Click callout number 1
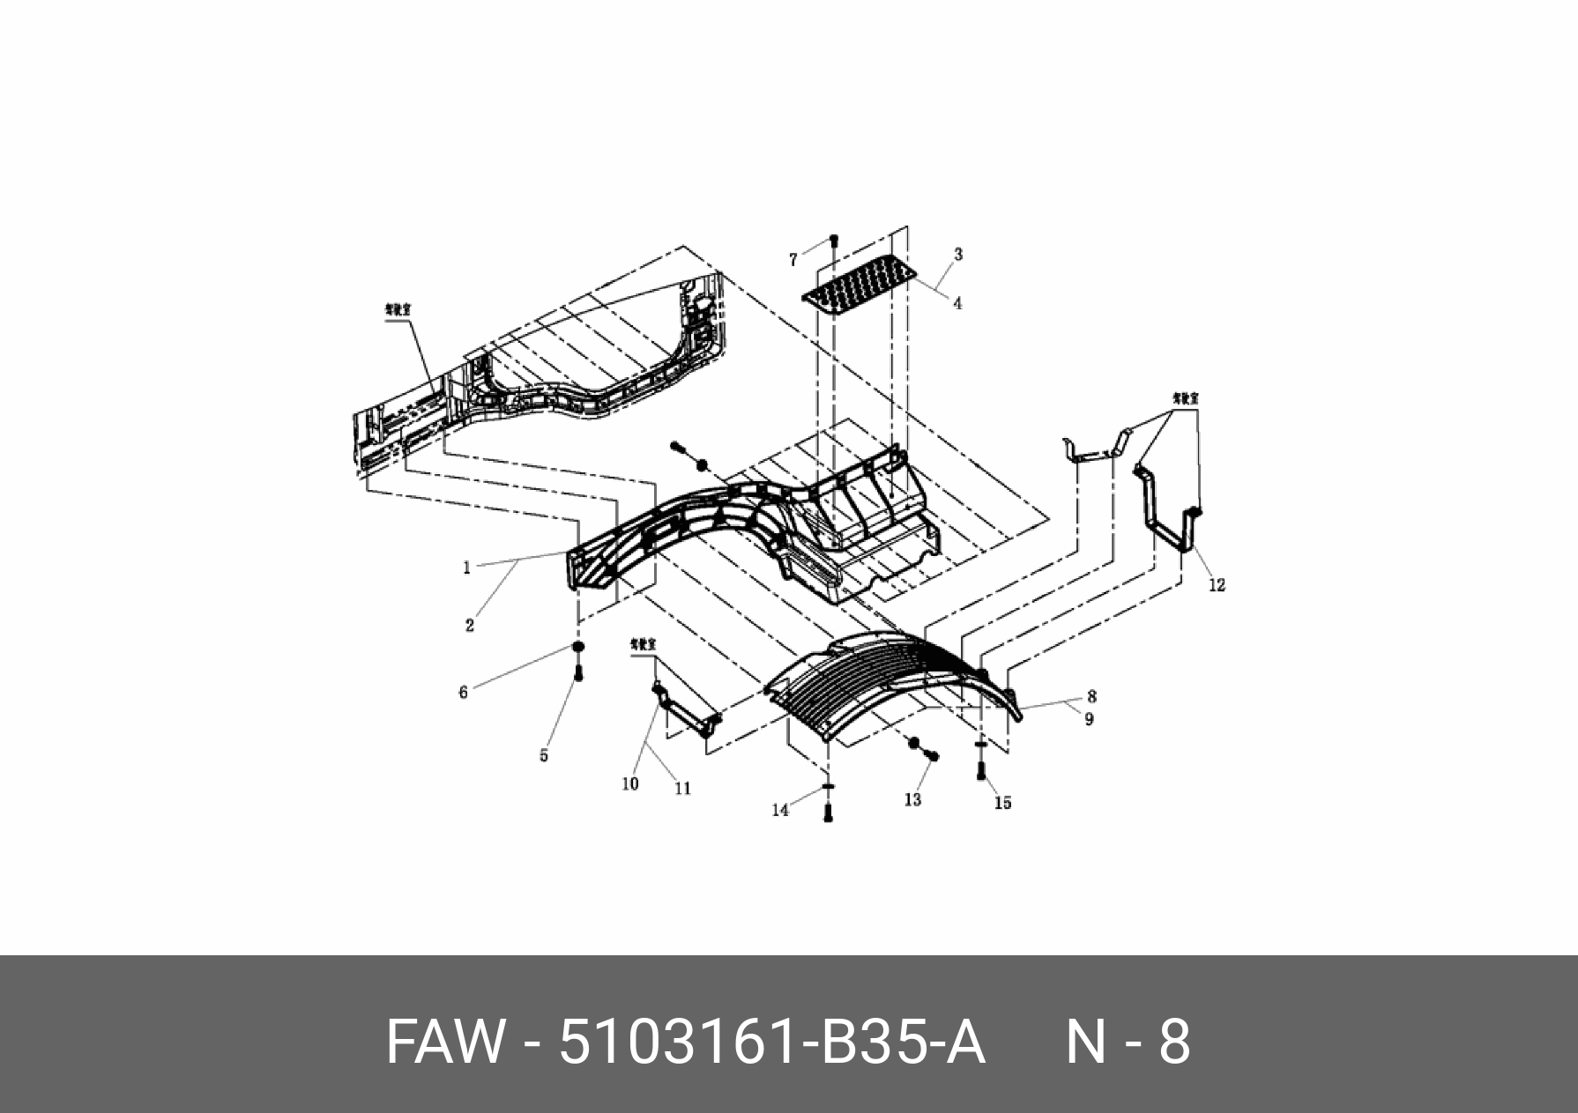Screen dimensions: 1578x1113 click(x=467, y=568)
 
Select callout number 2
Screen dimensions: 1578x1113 click(x=470, y=626)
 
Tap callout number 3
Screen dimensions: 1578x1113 click(x=958, y=255)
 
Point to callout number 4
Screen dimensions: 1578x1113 click(x=957, y=303)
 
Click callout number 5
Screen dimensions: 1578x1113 click(x=544, y=755)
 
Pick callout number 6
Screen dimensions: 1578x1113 click(x=464, y=693)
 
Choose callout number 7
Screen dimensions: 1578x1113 click(x=793, y=260)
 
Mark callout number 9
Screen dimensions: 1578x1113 click(x=1089, y=719)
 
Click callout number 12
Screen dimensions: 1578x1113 click(x=1217, y=584)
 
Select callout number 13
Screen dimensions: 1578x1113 click(x=912, y=798)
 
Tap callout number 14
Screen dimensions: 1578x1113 click(x=780, y=810)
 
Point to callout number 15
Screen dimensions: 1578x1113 click(x=1003, y=803)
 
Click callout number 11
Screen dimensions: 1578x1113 click(x=683, y=789)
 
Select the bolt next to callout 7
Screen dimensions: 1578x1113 click(x=834, y=241)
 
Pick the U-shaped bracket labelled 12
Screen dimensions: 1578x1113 click(x=1168, y=516)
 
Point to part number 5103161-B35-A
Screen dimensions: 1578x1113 click(x=772, y=1043)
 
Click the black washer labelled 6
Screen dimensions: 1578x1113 click(x=578, y=649)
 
